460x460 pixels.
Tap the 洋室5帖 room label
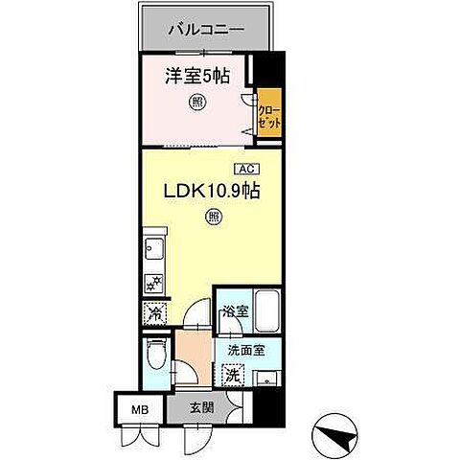[195, 74]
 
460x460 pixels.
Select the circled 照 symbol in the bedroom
[196, 104]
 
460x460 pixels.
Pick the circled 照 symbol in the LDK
[213, 218]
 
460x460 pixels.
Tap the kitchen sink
[153, 252]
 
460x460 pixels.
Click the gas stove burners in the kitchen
[152, 283]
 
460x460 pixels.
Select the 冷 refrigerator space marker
[153, 312]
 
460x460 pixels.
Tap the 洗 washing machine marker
[232, 376]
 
